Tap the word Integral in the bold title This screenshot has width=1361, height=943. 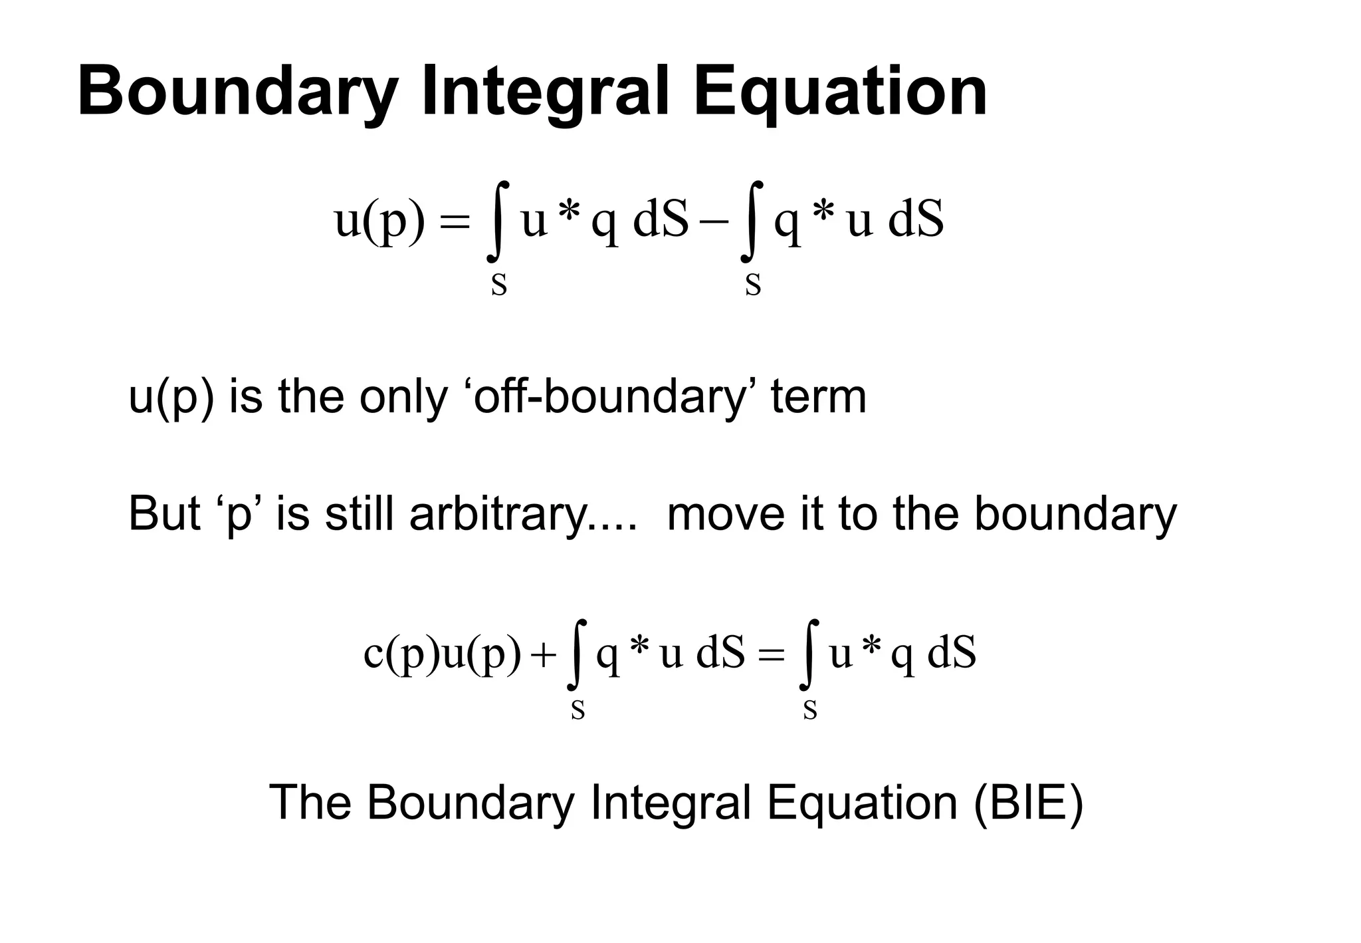coord(545,93)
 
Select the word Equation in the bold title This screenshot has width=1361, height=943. coord(840,93)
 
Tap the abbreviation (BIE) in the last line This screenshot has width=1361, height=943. coord(1028,803)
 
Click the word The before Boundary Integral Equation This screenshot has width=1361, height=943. coord(310,803)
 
